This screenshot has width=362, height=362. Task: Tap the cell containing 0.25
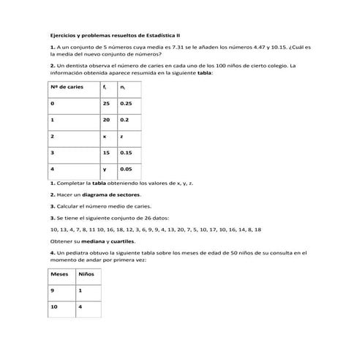127,103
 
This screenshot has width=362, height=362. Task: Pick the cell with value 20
107,119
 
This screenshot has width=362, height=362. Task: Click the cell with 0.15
127,153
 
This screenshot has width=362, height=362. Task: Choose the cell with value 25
107,103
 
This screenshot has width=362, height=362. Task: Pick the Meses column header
59,274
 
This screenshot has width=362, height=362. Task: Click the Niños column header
86,274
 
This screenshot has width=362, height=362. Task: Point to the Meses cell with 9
53,291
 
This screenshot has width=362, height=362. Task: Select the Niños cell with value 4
80,307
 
